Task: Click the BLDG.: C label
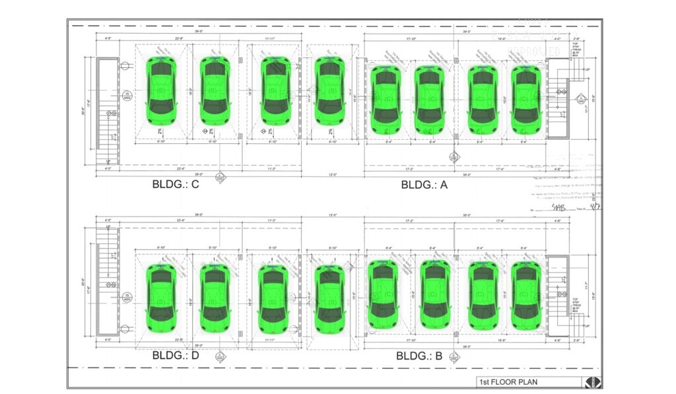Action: coord(176,185)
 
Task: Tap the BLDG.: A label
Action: coord(424,185)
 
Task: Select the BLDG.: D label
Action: coord(176,356)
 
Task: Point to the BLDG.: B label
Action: coord(419,356)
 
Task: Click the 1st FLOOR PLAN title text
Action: coord(507,382)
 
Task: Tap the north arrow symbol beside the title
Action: coord(592,382)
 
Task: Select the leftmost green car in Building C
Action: coord(161,90)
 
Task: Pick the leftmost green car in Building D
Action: coord(161,298)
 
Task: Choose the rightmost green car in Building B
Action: coord(525,295)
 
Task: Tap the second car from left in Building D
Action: coord(215,298)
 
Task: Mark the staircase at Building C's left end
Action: coord(105,111)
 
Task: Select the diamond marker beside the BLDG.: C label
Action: coord(220,177)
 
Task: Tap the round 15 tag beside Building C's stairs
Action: coord(126,95)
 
